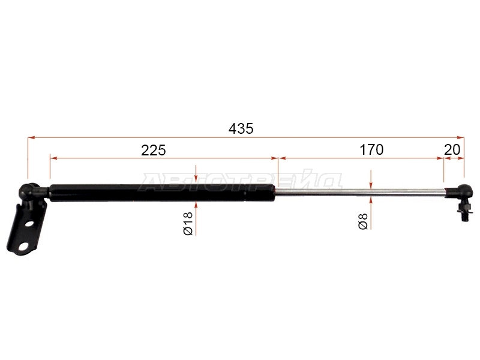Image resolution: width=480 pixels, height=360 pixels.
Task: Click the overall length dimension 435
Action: coord(241,128)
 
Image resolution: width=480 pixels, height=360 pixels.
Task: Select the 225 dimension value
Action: coord(154,150)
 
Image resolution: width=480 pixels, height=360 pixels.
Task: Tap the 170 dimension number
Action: coord(371,150)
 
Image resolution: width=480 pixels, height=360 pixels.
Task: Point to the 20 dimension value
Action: coord(452,150)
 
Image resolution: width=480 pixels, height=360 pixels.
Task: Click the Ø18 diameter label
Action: coord(188,223)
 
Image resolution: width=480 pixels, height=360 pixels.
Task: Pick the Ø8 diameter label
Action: coord(363,221)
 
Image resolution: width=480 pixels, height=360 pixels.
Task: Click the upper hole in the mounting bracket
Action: coord(29,223)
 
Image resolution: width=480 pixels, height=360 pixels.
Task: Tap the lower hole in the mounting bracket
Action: coord(23,246)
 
